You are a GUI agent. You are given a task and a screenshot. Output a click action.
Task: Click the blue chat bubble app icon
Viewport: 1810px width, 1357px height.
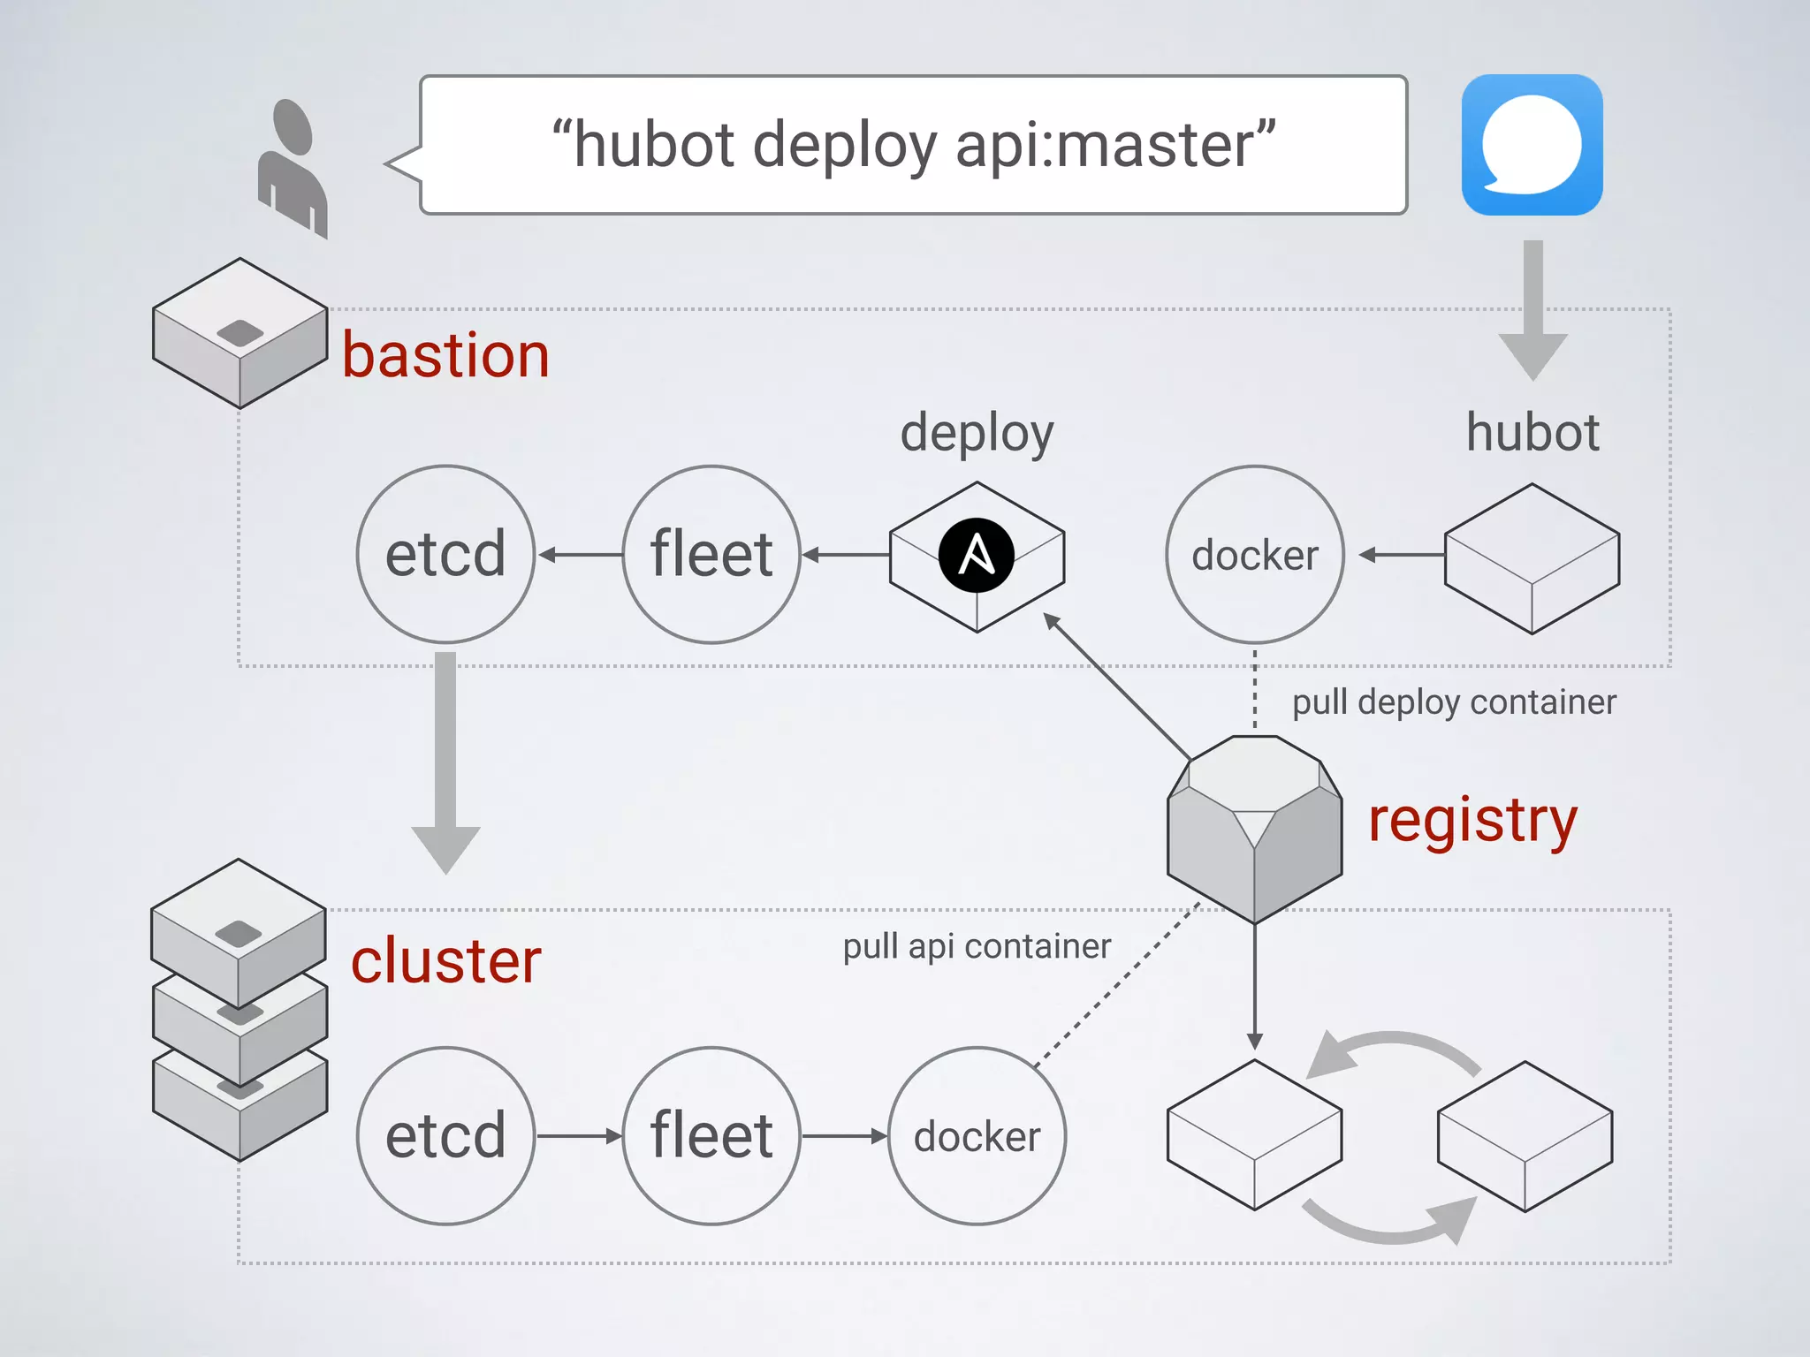point(1532,145)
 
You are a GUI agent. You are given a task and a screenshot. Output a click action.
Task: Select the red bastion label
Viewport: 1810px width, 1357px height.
point(445,355)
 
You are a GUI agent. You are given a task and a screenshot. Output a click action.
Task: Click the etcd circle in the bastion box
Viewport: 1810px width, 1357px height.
point(445,555)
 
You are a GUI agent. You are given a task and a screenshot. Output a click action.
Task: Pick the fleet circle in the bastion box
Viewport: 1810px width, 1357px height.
point(711,555)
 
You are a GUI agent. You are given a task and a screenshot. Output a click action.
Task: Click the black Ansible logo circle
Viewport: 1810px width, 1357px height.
point(977,556)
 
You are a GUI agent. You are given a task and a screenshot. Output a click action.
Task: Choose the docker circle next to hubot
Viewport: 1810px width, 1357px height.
point(1255,555)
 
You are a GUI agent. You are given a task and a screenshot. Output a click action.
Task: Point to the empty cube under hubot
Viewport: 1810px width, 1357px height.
point(1532,558)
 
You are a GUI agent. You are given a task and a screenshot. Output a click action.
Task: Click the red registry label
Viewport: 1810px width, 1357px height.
point(1472,820)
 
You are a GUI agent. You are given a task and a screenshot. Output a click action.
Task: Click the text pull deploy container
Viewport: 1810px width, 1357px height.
point(1454,702)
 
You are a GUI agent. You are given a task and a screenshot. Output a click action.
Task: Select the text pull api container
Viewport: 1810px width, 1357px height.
point(977,946)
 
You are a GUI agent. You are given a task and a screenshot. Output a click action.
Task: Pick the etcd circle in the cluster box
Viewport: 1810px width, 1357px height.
point(445,1136)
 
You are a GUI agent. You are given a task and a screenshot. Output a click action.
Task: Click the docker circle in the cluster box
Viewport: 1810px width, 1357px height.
point(977,1136)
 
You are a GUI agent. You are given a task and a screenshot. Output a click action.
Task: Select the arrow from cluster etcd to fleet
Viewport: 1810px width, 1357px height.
point(579,1136)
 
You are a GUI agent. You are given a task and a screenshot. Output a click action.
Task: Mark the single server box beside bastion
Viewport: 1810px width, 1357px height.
point(240,334)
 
